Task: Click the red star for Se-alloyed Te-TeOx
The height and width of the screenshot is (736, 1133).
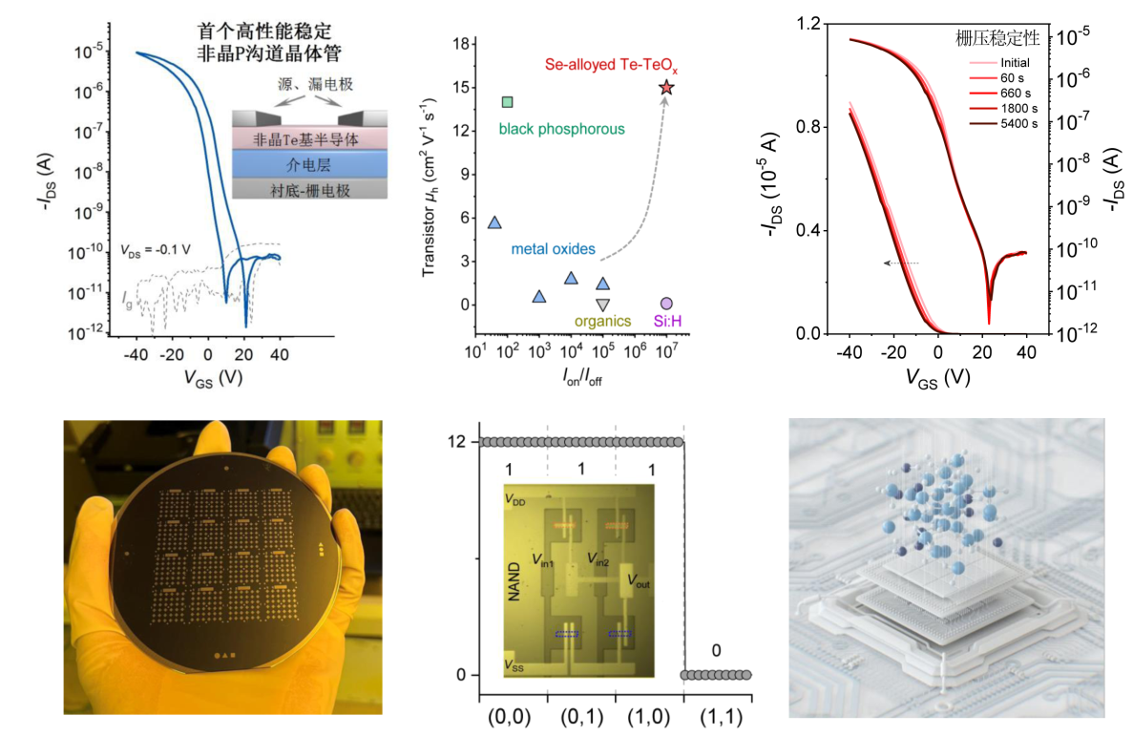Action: tap(666, 88)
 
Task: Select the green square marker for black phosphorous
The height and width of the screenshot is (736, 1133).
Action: tap(508, 102)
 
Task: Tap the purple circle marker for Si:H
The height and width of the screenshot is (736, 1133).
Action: tap(666, 304)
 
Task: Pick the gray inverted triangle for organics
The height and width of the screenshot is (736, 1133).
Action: tap(602, 305)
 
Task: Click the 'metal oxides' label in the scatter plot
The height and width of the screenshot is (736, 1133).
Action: tap(554, 249)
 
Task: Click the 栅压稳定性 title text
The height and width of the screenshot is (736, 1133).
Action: tap(997, 39)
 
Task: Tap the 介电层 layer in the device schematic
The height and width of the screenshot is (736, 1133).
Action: tap(310, 164)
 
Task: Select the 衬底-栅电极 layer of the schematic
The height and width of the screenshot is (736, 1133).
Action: tap(310, 190)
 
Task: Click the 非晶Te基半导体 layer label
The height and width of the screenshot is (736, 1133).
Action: tap(310, 138)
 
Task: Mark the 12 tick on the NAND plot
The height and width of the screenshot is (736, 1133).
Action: tap(460, 441)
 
